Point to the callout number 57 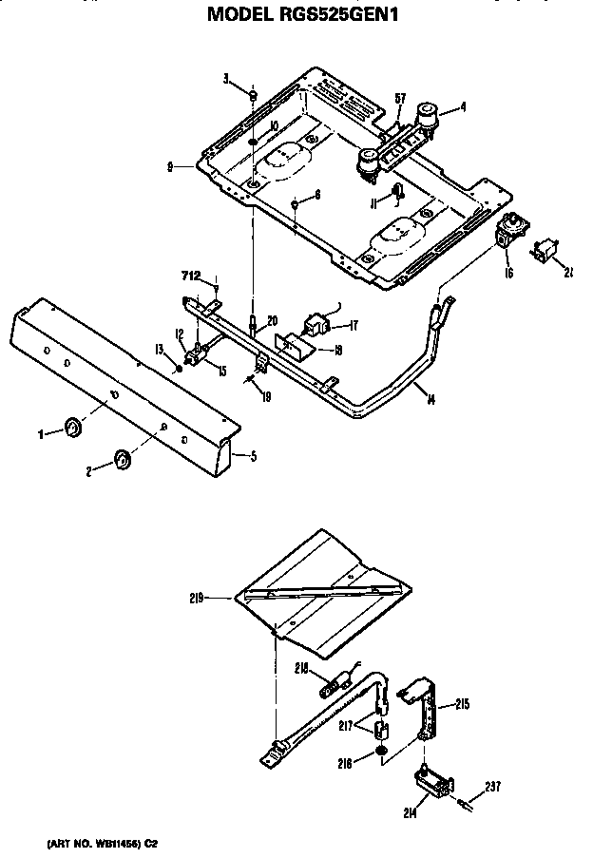click(400, 99)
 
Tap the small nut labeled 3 click(254, 95)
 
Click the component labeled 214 click(432, 784)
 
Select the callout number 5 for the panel click(253, 456)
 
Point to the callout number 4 click(463, 106)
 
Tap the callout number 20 click(272, 320)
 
